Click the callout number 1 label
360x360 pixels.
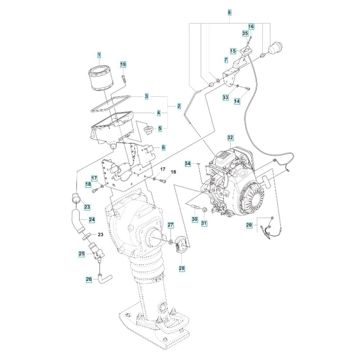click(99, 55)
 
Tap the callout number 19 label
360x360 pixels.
click(123, 64)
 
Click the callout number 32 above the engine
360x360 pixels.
click(230, 138)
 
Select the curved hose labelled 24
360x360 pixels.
click(78, 221)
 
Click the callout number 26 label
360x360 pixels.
click(89, 279)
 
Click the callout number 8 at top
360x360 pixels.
click(230, 12)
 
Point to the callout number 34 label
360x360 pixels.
click(188, 164)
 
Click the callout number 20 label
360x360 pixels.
click(249, 225)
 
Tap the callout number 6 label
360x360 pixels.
click(163, 147)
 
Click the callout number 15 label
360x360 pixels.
click(233, 51)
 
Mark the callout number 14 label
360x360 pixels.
click(237, 101)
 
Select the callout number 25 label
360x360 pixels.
click(82, 254)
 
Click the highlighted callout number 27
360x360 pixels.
click(171, 225)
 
